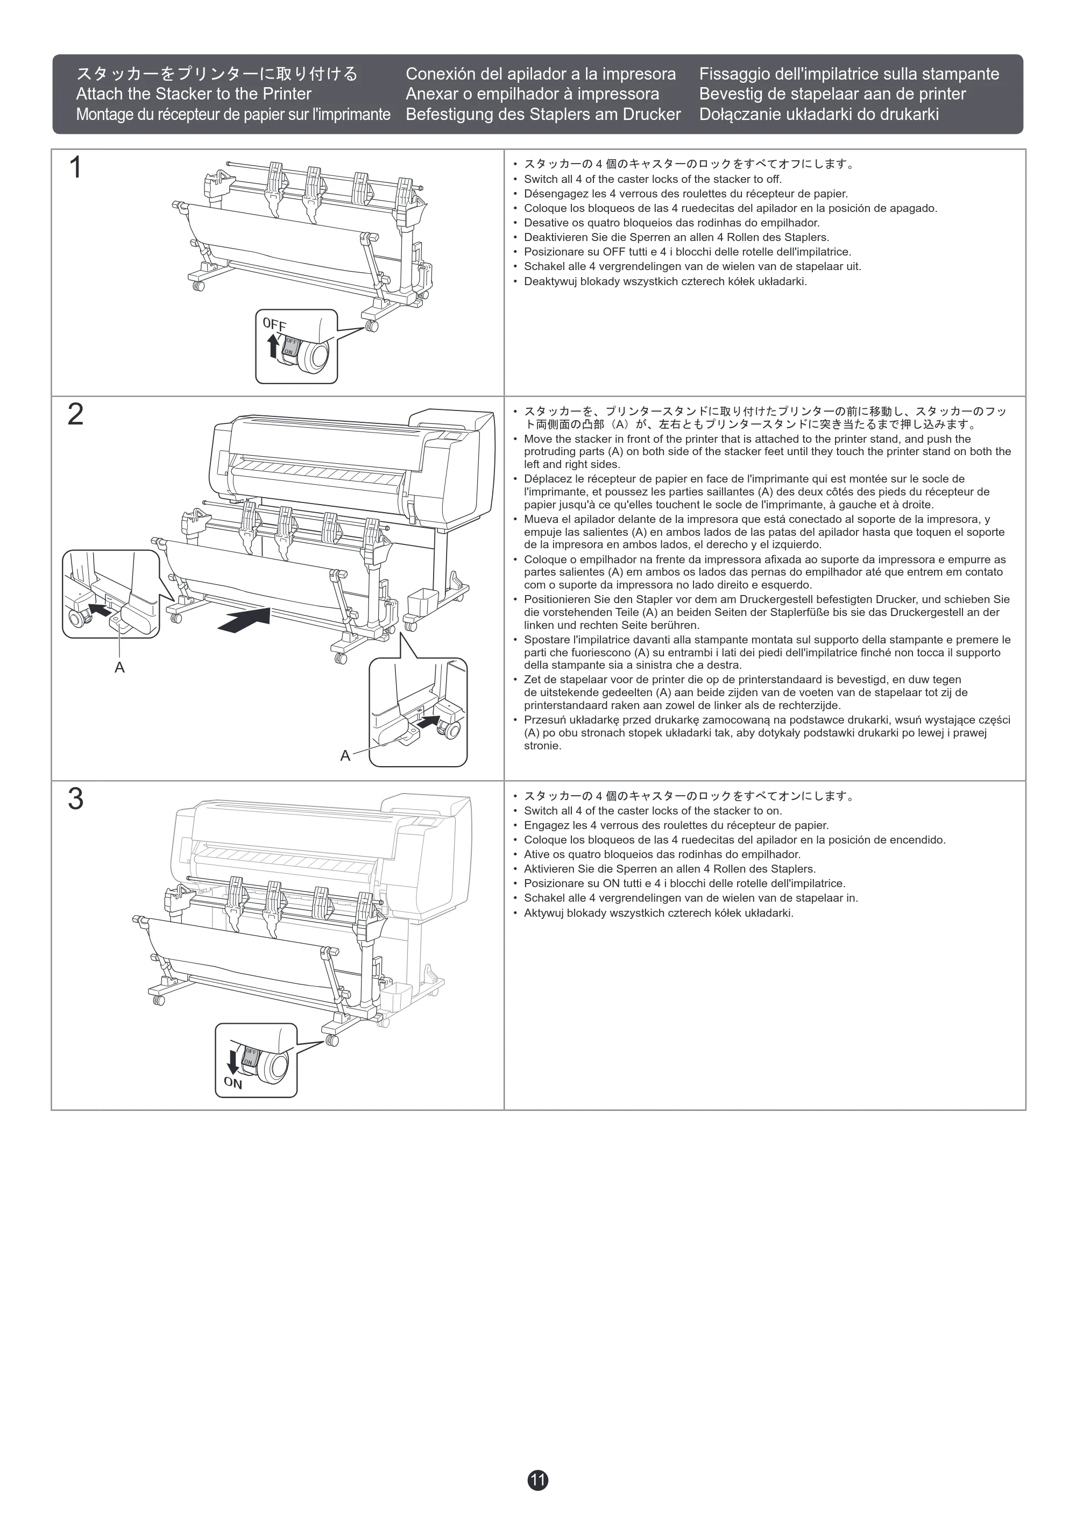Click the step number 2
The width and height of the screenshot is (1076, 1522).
[x=75, y=414]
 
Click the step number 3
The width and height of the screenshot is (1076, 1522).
[x=75, y=799]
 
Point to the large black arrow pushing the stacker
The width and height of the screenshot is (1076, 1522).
[x=244, y=620]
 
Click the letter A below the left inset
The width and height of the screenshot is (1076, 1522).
[x=119, y=668]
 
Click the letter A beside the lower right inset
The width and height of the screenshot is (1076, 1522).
[x=345, y=756]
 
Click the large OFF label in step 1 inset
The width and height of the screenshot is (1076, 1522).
[x=274, y=324]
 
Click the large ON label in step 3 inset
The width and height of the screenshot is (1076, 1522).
[x=233, y=1083]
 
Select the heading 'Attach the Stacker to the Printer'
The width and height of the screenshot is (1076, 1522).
[x=194, y=94]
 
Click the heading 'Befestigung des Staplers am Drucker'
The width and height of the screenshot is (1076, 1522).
[x=543, y=114]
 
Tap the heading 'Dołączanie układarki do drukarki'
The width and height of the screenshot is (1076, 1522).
[x=819, y=114]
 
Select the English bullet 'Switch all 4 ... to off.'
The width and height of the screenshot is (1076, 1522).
[x=653, y=179]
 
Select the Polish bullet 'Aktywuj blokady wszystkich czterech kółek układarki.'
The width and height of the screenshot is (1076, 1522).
[x=659, y=913]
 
